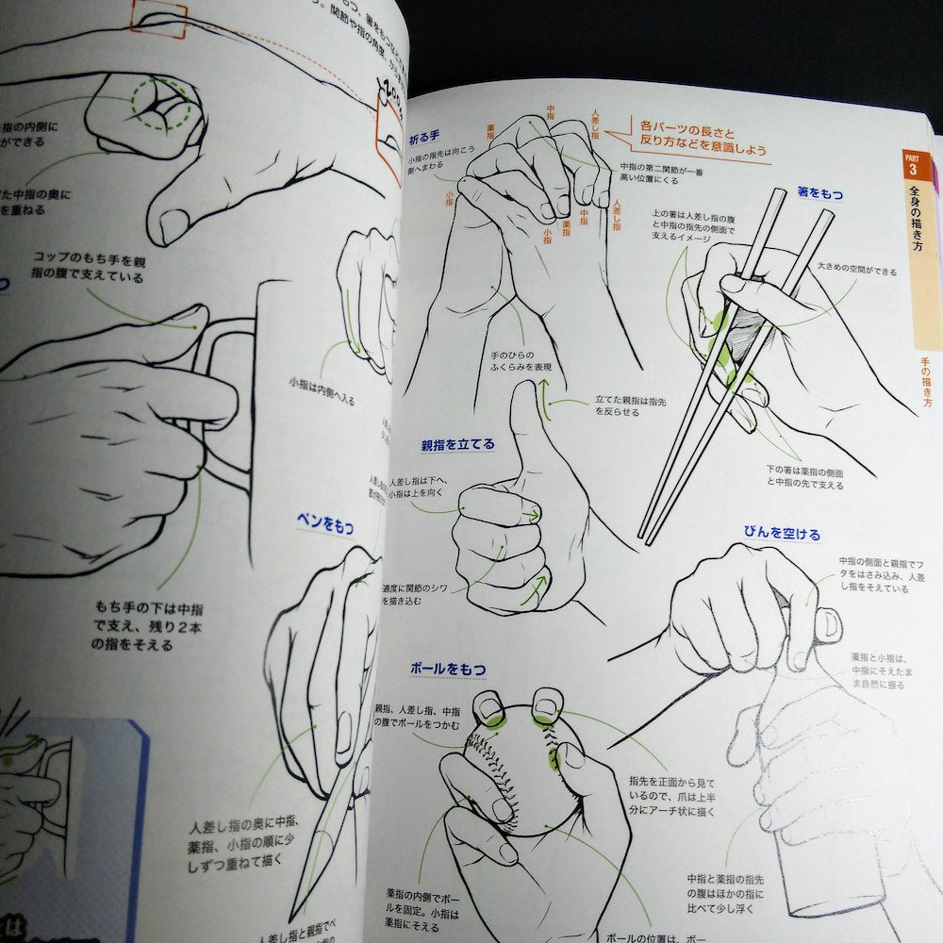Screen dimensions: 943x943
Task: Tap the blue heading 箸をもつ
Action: click(x=819, y=193)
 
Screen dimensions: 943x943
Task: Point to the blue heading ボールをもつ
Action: click(x=448, y=669)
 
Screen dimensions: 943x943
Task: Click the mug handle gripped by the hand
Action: click(x=217, y=396)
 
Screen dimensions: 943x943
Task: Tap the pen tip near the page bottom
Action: click(x=300, y=910)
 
